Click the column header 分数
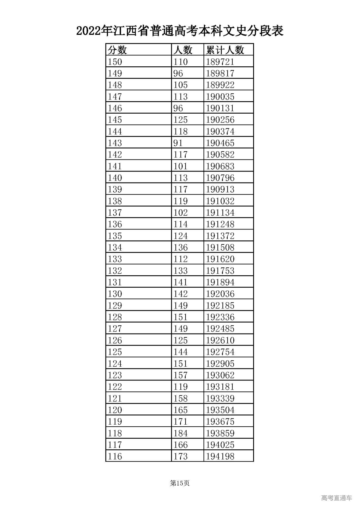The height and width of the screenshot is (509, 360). pos(118,50)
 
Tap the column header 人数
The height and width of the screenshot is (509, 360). pos(183,50)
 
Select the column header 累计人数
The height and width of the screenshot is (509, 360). pos(225,50)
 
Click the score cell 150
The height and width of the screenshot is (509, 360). pos(115,62)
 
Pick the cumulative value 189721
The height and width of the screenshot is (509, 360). pos(220,62)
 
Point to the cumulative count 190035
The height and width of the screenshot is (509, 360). pos(220,97)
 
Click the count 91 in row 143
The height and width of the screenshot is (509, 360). pos(178,143)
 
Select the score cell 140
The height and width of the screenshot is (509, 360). pos(115,178)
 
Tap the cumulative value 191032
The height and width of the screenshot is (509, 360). pos(220,201)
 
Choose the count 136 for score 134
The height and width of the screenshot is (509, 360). pos(181,247)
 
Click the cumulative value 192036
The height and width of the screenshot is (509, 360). pos(220,294)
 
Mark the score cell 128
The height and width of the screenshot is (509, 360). pos(115,317)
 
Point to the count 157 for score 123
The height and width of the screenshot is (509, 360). pos(181,375)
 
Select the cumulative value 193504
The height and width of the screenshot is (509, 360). pos(220,410)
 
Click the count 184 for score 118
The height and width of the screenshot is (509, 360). pos(181,433)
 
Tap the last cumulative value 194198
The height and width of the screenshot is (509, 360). pos(220,456)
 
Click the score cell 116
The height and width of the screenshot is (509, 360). pos(115,456)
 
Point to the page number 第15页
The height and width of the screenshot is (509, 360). pos(180,483)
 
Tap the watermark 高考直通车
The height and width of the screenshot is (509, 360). pos(336,498)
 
